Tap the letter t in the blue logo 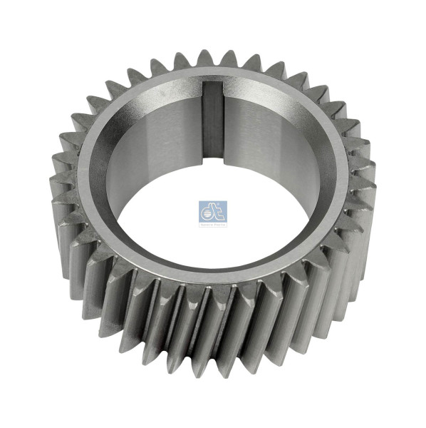(x=219, y=210)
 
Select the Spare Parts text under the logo (x=212, y=224)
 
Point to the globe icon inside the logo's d (x=207, y=211)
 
